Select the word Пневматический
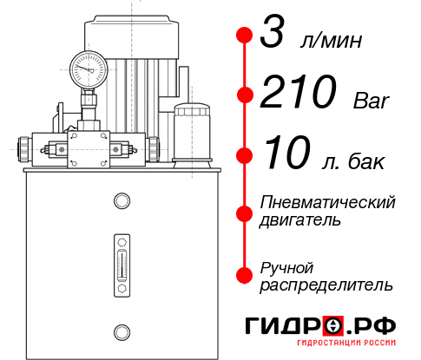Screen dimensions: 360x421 pos(328,202)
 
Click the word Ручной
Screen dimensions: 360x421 pos(286,266)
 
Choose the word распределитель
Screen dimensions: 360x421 pos(326,284)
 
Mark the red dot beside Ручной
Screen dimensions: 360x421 pos(244,275)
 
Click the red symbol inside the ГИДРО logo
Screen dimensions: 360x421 pos(333,325)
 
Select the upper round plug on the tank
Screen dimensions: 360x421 pos(121,201)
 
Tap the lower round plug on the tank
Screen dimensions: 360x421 pos(121,330)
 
